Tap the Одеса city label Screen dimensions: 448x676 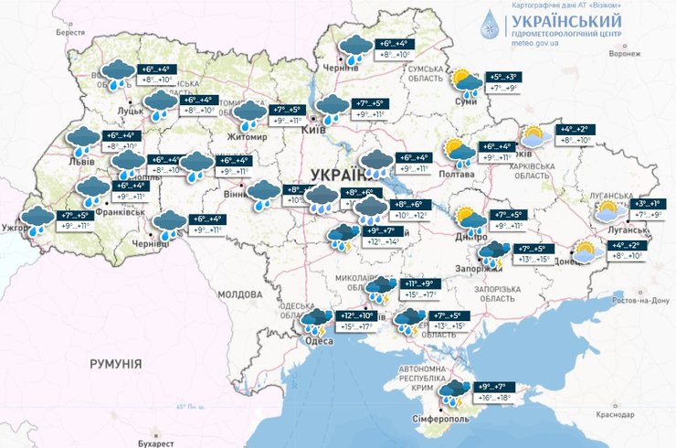(318, 341)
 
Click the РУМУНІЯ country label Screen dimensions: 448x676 (116, 363)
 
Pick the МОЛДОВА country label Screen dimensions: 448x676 (241, 294)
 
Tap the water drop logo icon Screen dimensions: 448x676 (492, 27)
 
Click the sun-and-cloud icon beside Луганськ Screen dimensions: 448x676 (607, 212)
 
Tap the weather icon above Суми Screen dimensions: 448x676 (468, 84)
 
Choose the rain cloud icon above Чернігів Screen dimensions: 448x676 (354, 49)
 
